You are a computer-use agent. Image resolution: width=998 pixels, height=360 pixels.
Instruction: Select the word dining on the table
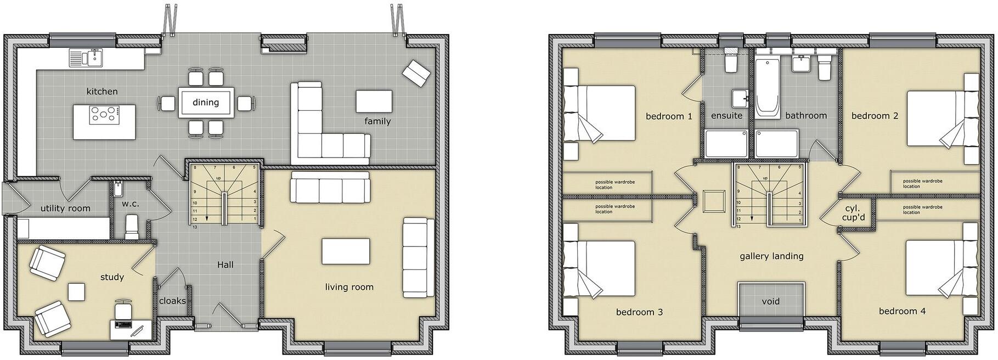[x=206, y=102]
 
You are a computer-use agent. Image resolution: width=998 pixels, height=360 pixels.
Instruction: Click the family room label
[x=377, y=121]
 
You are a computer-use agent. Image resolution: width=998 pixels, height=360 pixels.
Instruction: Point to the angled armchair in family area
[x=416, y=74]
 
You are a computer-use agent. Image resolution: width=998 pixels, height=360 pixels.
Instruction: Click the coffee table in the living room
[x=345, y=251]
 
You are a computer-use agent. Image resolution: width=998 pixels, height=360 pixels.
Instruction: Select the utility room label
[x=65, y=209]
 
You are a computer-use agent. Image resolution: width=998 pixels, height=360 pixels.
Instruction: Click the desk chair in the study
[x=124, y=308]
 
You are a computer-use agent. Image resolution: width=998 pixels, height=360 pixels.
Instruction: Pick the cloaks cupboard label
[x=172, y=301]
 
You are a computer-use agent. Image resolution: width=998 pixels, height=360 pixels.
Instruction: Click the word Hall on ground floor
[x=225, y=265]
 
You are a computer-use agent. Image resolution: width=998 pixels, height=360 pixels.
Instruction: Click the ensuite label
[x=726, y=116]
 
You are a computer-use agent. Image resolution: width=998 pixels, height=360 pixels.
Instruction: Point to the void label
[x=770, y=301]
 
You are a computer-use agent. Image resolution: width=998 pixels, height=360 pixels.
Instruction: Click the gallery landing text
[x=771, y=256]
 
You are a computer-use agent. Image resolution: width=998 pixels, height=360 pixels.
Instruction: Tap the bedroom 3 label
[x=639, y=312]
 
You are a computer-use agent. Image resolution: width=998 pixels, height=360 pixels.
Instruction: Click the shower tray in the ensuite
[x=726, y=144]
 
